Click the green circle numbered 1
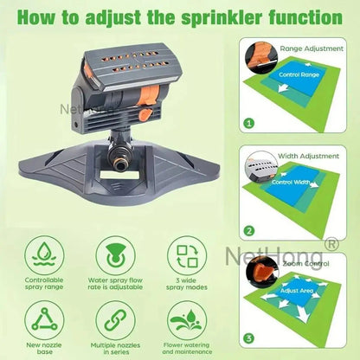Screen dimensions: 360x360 click(x=248, y=124)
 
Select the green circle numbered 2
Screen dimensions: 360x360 click(x=248, y=231)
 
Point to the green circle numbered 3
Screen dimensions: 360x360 click(x=248, y=337)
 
